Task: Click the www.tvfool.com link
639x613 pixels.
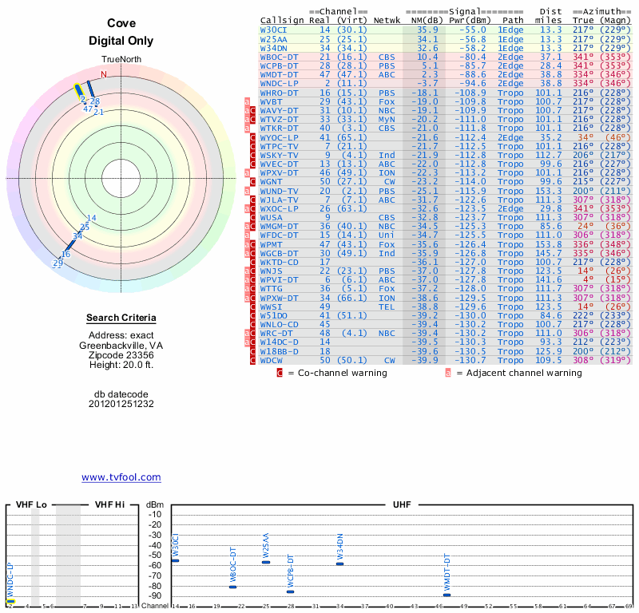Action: [x=121, y=477]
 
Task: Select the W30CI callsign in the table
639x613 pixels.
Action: [x=273, y=30]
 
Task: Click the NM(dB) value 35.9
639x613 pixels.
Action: [x=427, y=30]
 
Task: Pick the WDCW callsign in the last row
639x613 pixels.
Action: [x=272, y=361]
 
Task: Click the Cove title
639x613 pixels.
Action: [x=121, y=25]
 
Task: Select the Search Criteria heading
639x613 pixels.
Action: [x=121, y=318]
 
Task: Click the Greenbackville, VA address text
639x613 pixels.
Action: [x=121, y=346]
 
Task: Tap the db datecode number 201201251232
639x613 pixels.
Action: [x=121, y=404]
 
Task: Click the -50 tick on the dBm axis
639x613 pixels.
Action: [x=154, y=555]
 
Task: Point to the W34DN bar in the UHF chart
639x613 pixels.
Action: [x=339, y=564]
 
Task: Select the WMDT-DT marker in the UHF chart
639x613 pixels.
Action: [x=447, y=595]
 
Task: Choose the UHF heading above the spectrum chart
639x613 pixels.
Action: [x=402, y=505]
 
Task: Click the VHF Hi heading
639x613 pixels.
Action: [x=110, y=505]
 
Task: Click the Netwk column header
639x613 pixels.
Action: [x=387, y=19]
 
